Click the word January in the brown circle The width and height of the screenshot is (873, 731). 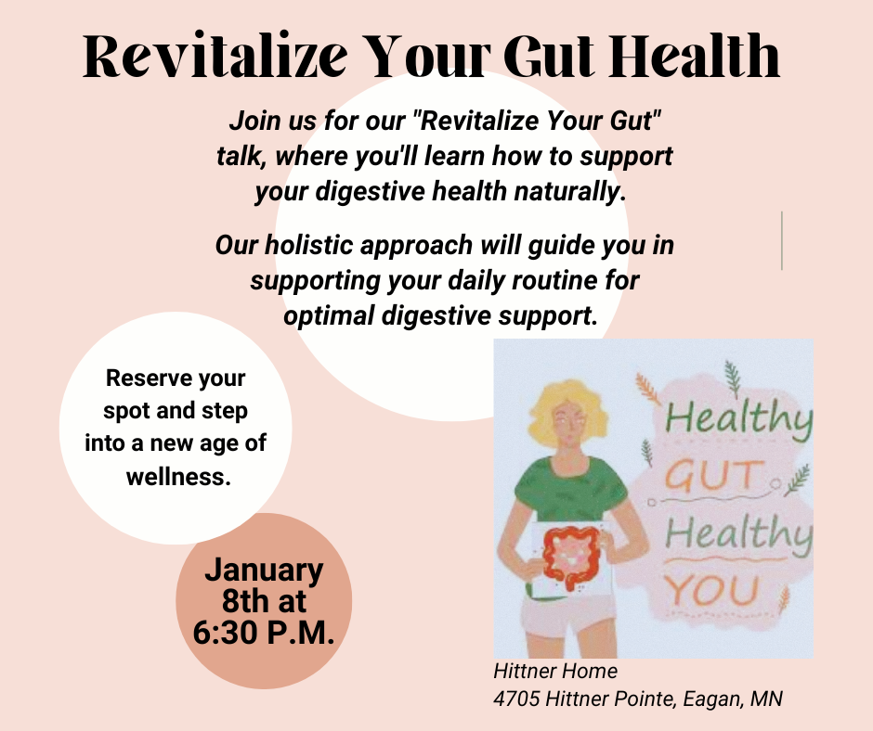[264, 569]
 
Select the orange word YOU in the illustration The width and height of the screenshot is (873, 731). [713, 590]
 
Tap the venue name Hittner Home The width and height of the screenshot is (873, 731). [555, 672]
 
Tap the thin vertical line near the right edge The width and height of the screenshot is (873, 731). [782, 240]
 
